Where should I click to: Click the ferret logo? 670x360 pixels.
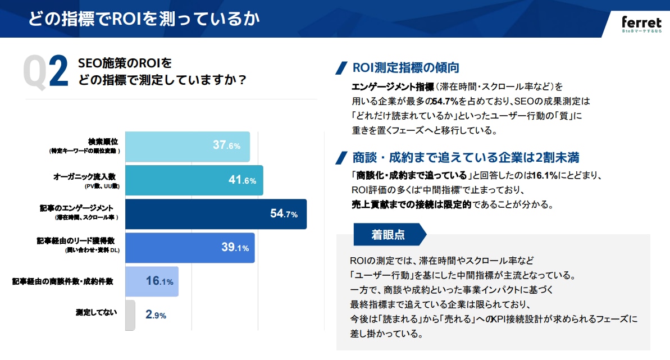(x=641, y=24)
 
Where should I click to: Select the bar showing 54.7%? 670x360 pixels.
(x=216, y=214)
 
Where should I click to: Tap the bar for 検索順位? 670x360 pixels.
(x=187, y=146)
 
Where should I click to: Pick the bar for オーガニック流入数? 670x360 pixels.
(x=194, y=180)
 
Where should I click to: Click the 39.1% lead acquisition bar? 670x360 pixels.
(x=190, y=248)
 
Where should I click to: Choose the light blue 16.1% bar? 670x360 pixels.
(x=152, y=281)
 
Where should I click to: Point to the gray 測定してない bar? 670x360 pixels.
(x=130, y=315)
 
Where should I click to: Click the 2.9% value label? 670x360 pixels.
(x=156, y=315)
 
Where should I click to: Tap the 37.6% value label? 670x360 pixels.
(x=226, y=145)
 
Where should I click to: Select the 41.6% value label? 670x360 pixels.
(x=242, y=180)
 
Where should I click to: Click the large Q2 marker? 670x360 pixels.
(x=45, y=72)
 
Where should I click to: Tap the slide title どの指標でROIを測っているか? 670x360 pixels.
(x=144, y=19)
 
